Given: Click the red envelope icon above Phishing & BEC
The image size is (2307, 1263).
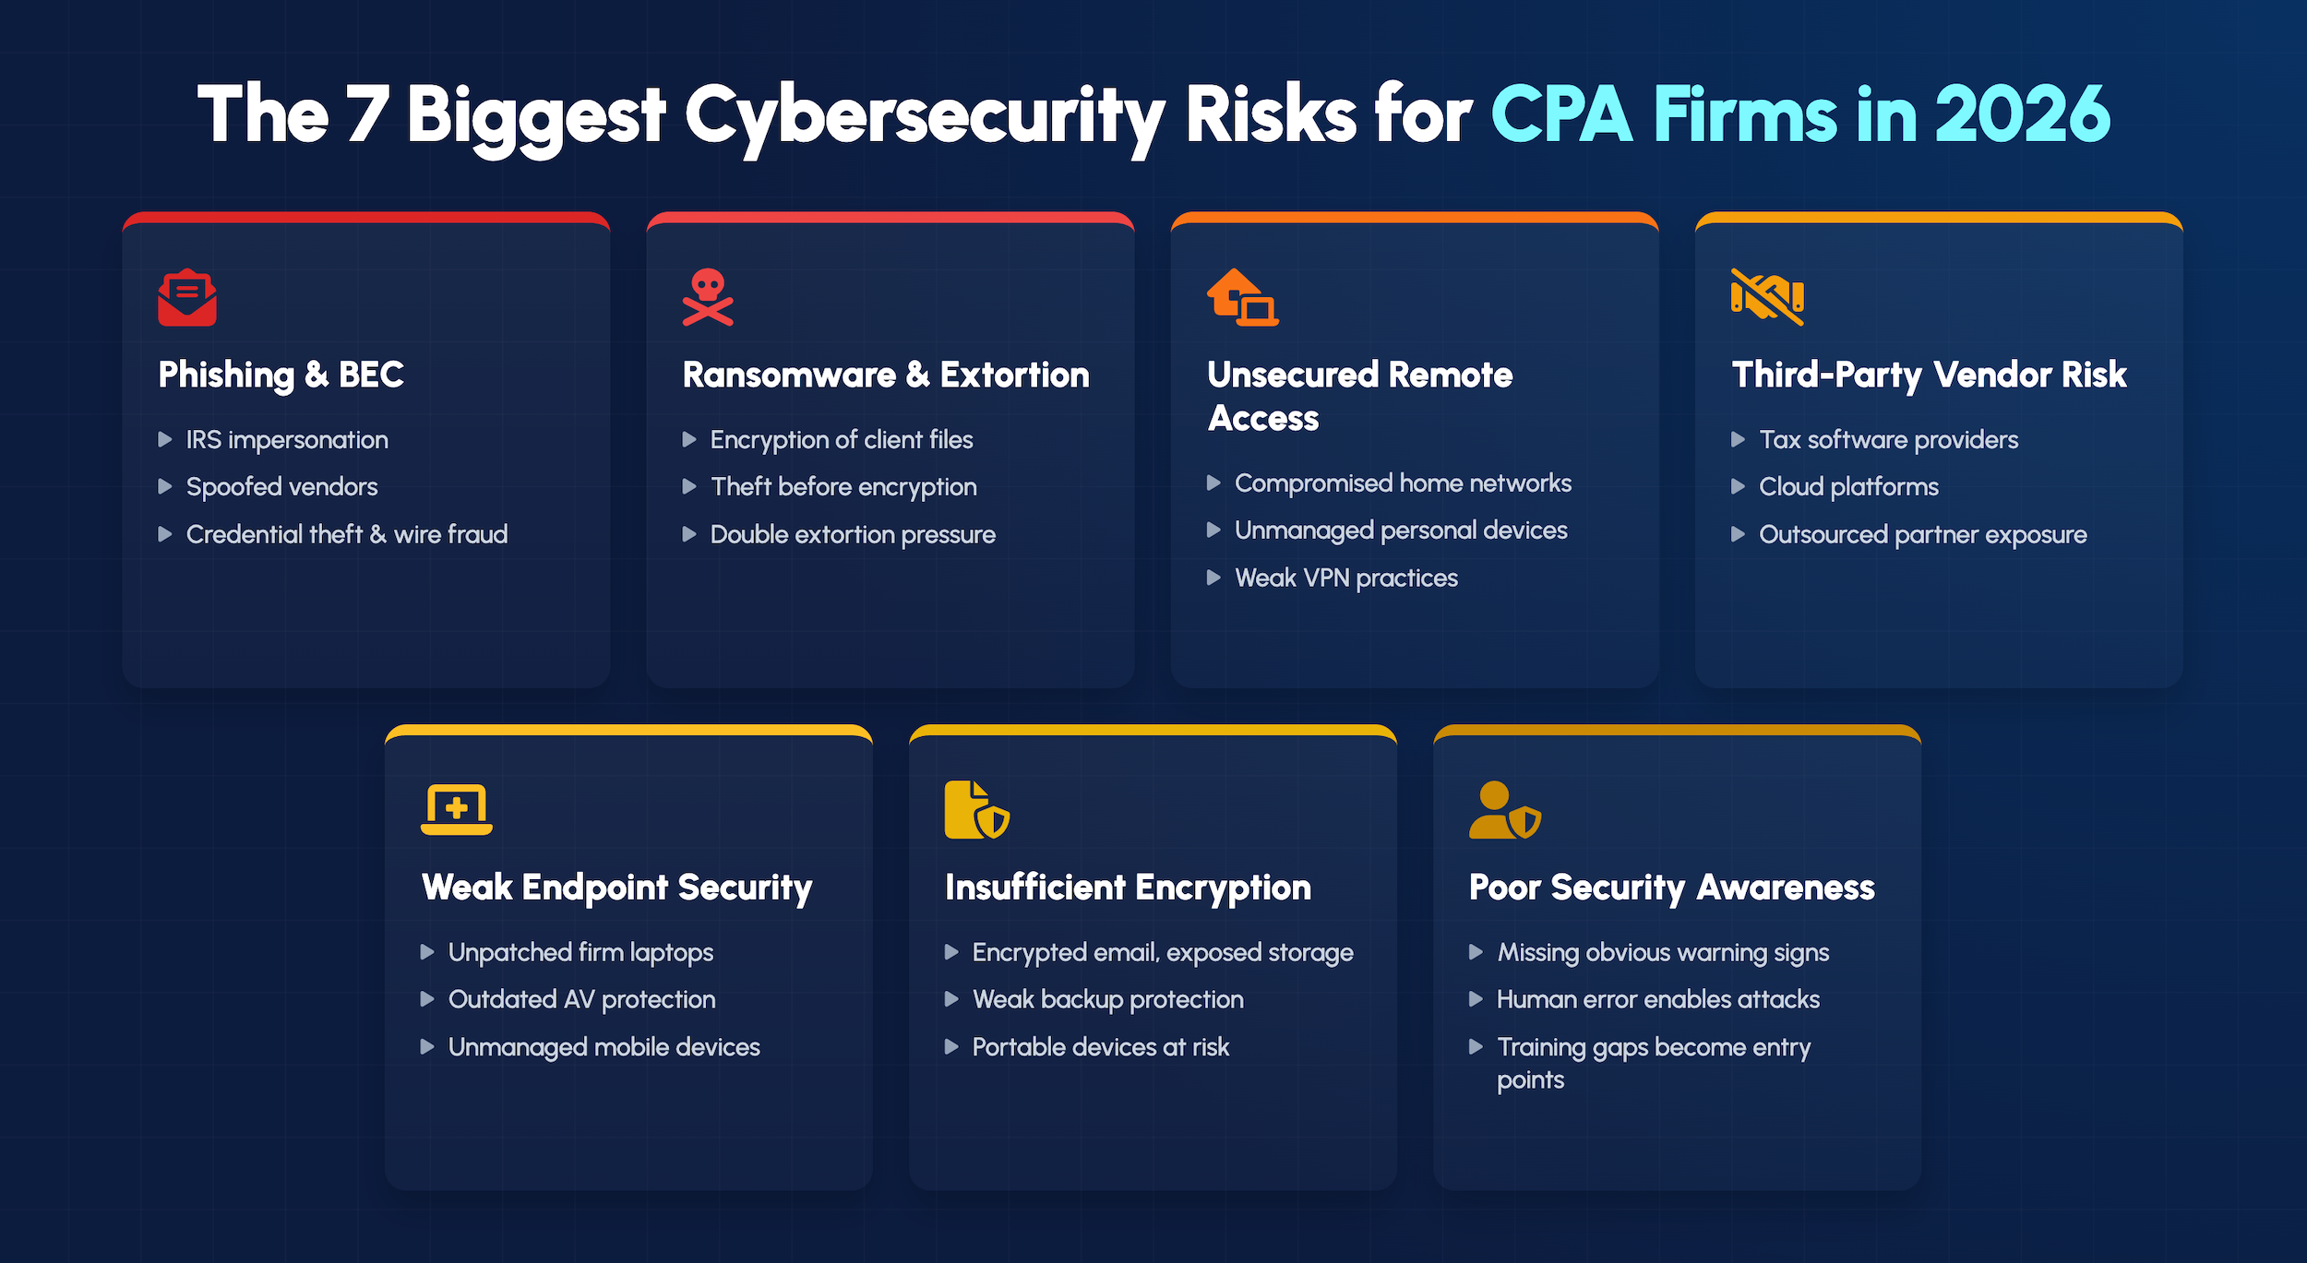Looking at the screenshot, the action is click(187, 297).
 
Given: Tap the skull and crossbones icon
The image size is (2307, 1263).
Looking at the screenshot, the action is click(708, 297).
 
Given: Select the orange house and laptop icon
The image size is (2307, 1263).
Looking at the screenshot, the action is click(1242, 297).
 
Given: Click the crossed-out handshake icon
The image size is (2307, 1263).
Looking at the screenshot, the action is click(1767, 297).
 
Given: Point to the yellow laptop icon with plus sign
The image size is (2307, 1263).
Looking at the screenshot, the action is click(456, 809).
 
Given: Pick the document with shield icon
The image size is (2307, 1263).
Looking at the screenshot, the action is click(977, 809).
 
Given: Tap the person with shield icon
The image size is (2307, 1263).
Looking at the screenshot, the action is click(1504, 809).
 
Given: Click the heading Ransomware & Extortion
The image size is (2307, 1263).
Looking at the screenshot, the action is click(886, 375).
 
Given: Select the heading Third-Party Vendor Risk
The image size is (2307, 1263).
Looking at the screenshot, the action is click(1929, 375).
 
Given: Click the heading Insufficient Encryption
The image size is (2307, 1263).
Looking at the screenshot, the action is click(1128, 888).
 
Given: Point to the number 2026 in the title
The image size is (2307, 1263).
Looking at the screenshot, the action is click(2022, 114).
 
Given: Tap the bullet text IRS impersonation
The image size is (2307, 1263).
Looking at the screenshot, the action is click(287, 440).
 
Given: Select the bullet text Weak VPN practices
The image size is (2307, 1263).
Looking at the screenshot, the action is click(1346, 578).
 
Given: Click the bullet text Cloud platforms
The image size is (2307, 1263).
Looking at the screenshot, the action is click(1848, 487).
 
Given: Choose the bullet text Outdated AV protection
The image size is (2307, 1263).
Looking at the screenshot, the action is click(581, 1000).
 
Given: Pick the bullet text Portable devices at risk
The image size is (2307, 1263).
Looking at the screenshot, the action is click(1101, 1047).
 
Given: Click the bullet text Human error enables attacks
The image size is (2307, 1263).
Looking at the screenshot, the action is click(1658, 1000).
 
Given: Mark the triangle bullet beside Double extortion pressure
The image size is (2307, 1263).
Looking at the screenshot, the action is click(689, 534).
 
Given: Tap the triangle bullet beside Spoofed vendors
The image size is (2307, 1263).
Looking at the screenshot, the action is click(165, 486).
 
